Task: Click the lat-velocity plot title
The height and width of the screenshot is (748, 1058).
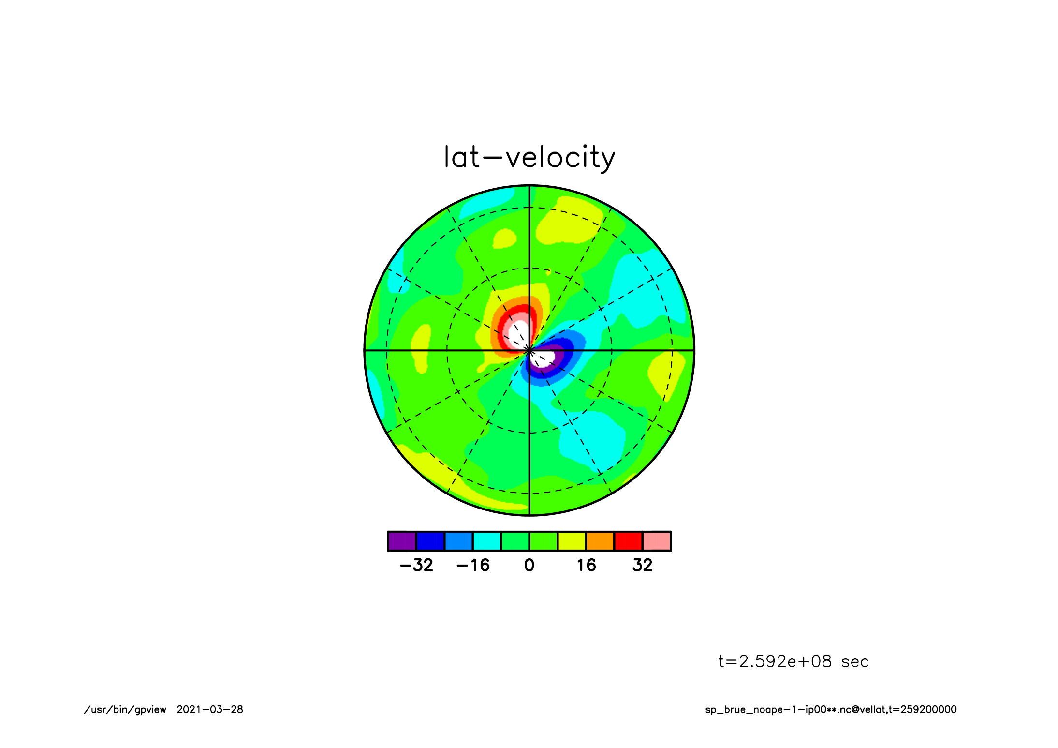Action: [529, 158]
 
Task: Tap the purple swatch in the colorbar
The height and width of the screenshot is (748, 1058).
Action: [402, 541]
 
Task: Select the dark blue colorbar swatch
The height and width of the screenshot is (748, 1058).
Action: [430, 541]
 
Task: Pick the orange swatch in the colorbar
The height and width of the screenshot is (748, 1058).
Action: [600, 541]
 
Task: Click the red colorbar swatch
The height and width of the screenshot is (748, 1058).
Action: [628, 541]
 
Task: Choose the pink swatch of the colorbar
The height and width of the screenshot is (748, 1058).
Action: [657, 541]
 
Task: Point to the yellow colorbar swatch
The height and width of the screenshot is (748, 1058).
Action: [572, 541]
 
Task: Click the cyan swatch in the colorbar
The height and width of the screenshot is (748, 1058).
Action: [487, 541]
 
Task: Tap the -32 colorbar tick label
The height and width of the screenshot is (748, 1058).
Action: [416, 565]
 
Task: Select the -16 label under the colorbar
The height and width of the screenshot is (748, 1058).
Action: [473, 565]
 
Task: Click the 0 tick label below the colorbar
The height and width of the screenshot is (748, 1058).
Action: [529, 565]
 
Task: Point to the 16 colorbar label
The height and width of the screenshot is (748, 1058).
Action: [586, 565]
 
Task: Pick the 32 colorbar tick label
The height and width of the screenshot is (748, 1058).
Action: [643, 565]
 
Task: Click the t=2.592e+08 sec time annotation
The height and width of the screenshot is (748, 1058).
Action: [793, 661]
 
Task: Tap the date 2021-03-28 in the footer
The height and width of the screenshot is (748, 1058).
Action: [210, 709]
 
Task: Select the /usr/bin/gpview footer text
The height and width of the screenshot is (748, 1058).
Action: [125, 710]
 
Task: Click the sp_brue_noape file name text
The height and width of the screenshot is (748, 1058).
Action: [831, 710]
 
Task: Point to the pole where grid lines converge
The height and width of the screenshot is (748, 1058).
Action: [529, 350]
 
